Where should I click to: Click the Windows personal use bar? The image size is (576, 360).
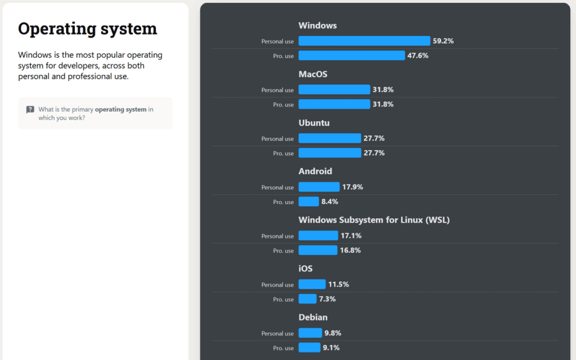364,41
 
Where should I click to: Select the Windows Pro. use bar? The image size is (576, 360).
351,55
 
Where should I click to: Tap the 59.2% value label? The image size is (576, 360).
443,41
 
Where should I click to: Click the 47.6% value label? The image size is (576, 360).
418,55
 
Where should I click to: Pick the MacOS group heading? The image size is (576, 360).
313,74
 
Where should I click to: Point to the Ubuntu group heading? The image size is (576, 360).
314,123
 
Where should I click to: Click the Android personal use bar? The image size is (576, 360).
319,187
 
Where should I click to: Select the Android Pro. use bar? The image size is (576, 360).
309,202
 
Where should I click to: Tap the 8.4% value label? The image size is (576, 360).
330,202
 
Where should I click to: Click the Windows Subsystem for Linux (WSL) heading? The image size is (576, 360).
374,220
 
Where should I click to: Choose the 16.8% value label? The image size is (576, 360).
350,250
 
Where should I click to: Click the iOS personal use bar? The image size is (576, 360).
312,285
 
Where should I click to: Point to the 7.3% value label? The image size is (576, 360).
327,299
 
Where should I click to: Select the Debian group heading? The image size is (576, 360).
313,317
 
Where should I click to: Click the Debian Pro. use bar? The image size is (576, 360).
309,347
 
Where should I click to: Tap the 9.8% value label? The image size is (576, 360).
333,333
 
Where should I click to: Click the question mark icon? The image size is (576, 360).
30,110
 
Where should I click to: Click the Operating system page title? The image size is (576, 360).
87,29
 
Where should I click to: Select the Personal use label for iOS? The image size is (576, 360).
277,285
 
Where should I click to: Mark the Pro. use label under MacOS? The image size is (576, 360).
283,105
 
